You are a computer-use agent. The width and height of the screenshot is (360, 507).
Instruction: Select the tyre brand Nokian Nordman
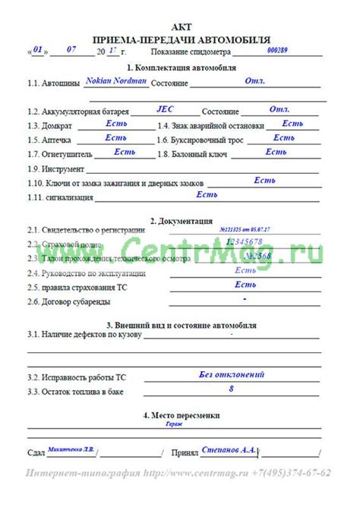116,79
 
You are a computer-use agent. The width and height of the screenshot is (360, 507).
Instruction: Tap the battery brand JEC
165,109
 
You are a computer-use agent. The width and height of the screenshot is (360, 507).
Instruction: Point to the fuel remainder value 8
231,389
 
